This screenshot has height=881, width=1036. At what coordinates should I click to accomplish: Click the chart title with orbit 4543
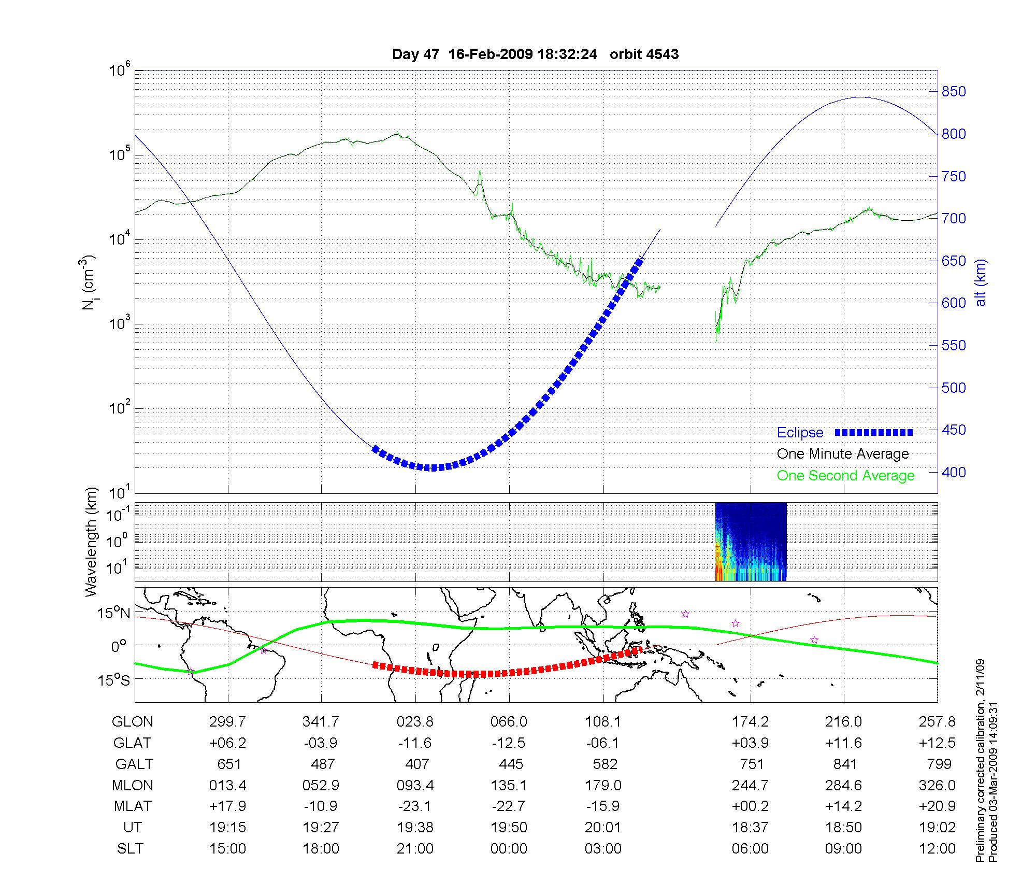click(535, 54)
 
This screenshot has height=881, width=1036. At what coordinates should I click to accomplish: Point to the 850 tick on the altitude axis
click(953, 92)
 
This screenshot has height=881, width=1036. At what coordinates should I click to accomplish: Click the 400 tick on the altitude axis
click(953, 472)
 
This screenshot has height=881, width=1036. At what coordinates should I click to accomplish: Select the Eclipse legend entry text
click(800, 433)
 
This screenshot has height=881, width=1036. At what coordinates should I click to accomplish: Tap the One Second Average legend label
click(845, 476)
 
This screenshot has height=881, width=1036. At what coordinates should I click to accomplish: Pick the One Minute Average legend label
click(843, 454)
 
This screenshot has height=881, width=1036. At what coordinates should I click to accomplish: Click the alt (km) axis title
click(981, 282)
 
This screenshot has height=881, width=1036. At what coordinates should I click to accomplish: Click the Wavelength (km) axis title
click(92, 542)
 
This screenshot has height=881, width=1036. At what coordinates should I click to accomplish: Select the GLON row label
click(132, 722)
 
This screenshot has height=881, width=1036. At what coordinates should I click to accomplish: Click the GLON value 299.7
click(228, 722)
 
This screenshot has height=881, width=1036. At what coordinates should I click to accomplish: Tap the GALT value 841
click(844, 764)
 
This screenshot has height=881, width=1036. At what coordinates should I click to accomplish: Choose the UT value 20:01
click(603, 828)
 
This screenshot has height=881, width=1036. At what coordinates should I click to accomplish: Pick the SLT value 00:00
click(509, 849)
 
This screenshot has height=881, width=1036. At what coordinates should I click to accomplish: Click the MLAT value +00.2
click(750, 806)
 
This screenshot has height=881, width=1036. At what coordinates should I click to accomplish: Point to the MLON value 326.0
click(937, 786)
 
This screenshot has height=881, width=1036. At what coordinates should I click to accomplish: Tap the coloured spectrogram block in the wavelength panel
click(751, 542)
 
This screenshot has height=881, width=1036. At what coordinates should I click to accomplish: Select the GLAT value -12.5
click(509, 743)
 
